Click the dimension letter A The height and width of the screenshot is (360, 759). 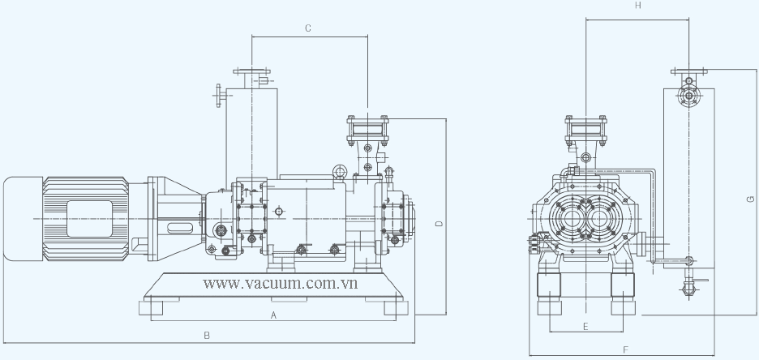click(x=273, y=315)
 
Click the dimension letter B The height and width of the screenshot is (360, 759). click(x=207, y=336)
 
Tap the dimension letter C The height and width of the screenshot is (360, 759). click(x=308, y=28)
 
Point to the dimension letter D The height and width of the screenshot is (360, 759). click(x=439, y=224)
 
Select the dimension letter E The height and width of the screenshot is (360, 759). click(x=585, y=327)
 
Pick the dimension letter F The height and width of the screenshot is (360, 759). click(x=625, y=349)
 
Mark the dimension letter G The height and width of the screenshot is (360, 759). click(x=751, y=199)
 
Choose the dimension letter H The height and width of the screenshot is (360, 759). click(x=638, y=6)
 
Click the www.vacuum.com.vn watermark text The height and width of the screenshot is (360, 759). click(x=281, y=283)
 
